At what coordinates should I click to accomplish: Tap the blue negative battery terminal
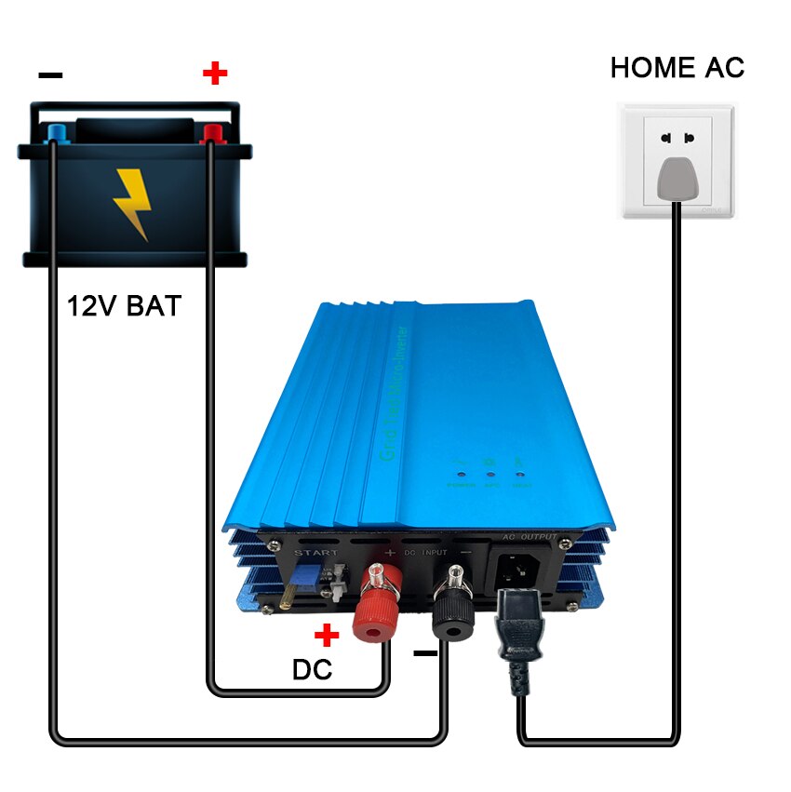[57, 132]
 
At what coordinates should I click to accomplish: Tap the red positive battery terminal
[213, 132]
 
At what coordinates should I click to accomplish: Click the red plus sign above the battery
[215, 73]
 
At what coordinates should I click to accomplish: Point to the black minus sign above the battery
[51, 74]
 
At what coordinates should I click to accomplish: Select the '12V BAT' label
[124, 305]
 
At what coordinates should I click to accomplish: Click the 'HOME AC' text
[677, 67]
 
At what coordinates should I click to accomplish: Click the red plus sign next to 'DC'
[327, 636]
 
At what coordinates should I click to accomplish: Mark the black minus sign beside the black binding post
[424, 653]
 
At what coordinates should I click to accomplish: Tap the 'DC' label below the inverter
[313, 669]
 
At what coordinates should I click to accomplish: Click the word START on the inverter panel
[316, 554]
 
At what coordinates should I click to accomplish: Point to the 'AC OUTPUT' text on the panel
[530, 537]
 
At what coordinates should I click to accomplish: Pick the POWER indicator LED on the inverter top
[461, 473]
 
